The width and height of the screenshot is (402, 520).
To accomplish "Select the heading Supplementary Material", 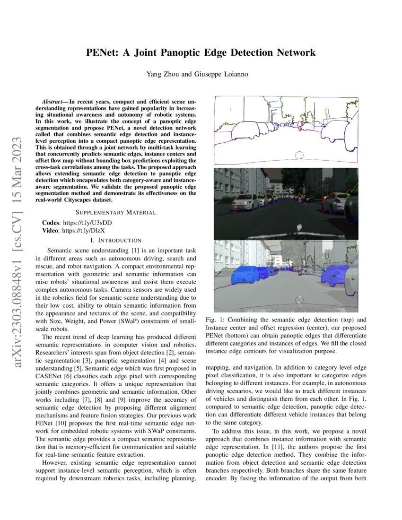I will (x=116, y=212).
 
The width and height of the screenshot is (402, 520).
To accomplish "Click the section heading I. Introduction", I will (x=116, y=241).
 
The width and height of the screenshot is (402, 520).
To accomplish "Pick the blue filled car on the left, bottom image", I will (x=244, y=275).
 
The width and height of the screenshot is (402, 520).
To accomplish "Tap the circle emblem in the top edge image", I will (x=298, y=156).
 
